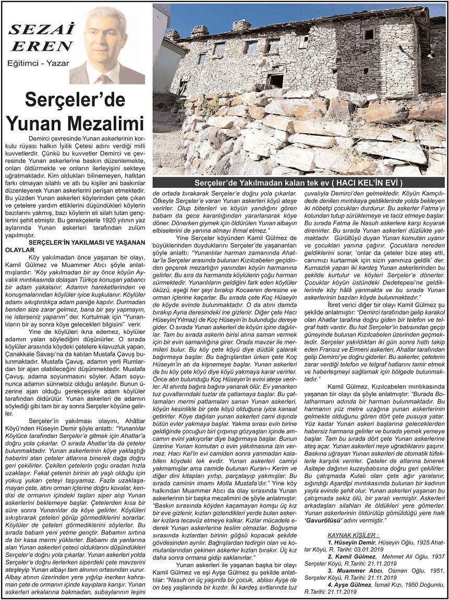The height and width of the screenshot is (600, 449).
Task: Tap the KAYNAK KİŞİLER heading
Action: tap(353, 535)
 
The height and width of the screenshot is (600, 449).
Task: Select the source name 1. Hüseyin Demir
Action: tap(351, 543)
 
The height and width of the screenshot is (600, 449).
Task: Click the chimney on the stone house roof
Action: tap(241, 25)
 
